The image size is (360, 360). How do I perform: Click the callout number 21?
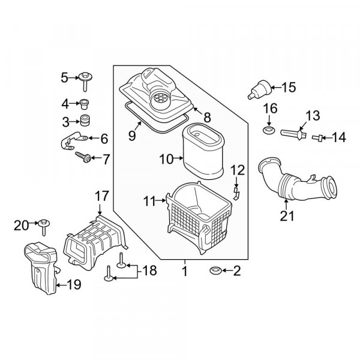tap(287, 216)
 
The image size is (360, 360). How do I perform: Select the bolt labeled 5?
tap(85, 81)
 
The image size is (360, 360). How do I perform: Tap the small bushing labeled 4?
tap(85, 104)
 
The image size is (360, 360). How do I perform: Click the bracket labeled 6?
tap(73, 140)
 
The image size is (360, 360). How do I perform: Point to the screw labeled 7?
tap(83, 157)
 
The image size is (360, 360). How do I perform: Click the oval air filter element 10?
tap(203, 152)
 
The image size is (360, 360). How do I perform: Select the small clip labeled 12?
tap(236, 193)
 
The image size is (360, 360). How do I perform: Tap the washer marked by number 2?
tap(216, 271)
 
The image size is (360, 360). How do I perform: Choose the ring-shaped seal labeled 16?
tap(269, 130)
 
